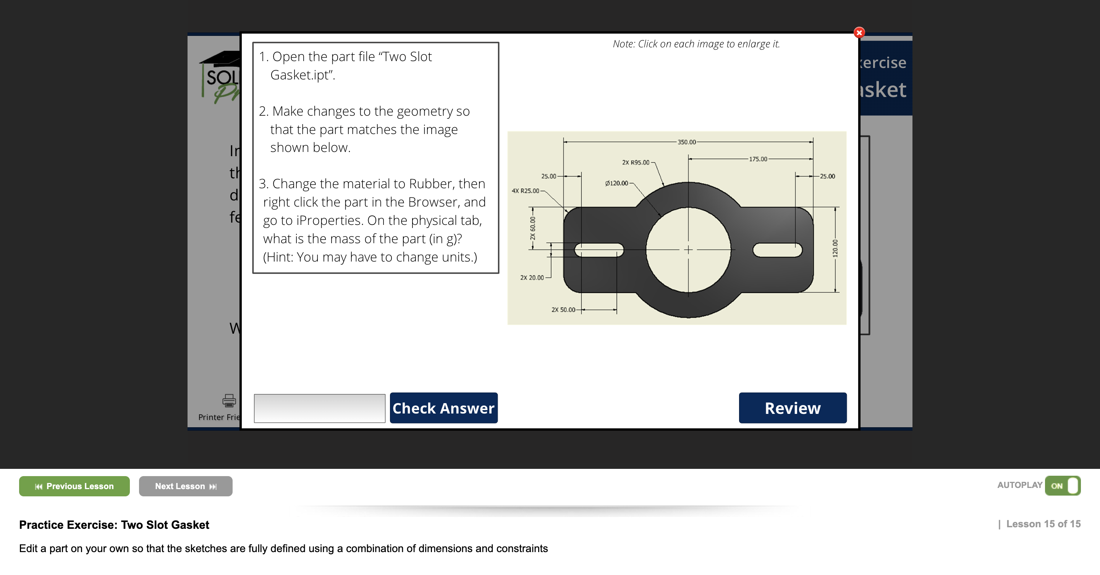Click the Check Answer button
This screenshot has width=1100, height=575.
[443, 408]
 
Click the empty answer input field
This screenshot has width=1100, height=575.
[319, 408]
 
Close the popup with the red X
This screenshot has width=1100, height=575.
[859, 32]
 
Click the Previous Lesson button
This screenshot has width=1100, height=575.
[74, 486]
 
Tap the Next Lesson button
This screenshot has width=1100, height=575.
[185, 486]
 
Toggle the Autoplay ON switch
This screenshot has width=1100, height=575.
[1063, 486]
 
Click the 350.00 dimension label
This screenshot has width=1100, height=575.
[686, 142]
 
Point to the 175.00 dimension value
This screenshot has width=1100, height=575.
[758, 159]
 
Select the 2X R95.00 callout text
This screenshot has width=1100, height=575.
[636, 163]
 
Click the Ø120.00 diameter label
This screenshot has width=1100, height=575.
[616, 183]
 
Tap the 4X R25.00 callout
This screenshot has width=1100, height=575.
[525, 191]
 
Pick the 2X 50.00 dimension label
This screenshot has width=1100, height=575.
[563, 310]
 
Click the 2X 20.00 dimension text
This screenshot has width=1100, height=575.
[532, 278]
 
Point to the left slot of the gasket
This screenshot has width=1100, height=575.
[599, 250]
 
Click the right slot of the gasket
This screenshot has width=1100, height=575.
[777, 250]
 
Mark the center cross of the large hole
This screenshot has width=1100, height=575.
[688, 250]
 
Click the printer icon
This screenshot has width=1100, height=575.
[229, 401]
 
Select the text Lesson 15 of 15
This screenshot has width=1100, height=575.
[1043, 524]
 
